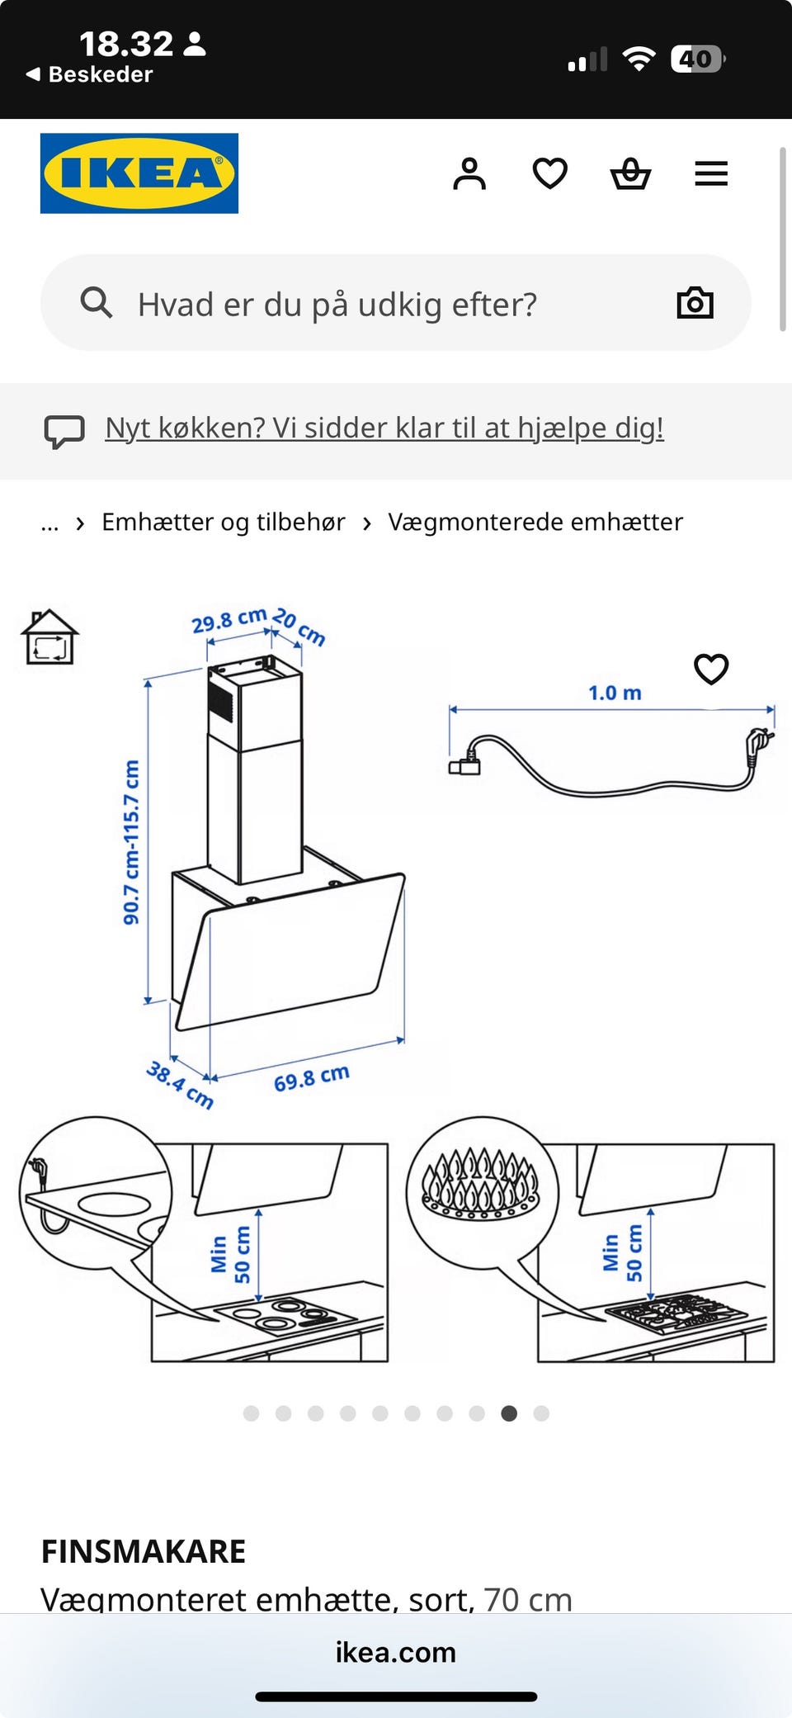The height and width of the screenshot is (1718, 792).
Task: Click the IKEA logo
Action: coord(139,173)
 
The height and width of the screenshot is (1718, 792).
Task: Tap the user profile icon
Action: coord(469,174)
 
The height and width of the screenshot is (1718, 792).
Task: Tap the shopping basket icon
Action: coord(630,174)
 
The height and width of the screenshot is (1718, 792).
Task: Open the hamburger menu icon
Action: coord(710,174)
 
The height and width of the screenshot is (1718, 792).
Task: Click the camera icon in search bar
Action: coord(695,303)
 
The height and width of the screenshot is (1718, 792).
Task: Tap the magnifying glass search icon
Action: coord(96,303)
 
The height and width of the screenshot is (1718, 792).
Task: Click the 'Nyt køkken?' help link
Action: coord(384,428)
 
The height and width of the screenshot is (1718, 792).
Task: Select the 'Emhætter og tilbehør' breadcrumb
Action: coord(223,523)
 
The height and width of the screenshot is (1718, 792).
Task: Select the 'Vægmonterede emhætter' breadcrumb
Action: coord(535,523)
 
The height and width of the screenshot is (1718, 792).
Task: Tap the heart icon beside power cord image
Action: coord(711,669)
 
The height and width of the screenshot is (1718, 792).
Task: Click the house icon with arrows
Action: coord(49,637)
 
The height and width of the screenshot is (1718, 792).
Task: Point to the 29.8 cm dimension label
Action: coord(229,621)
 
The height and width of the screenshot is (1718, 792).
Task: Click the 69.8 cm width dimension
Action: coord(312,1078)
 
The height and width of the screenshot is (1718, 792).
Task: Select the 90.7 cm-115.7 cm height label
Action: coord(131,842)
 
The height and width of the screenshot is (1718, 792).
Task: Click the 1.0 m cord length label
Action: coord(615,693)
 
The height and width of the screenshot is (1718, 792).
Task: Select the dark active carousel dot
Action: coord(509,1413)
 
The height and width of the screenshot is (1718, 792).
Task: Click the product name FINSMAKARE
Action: coord(144,1552)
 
